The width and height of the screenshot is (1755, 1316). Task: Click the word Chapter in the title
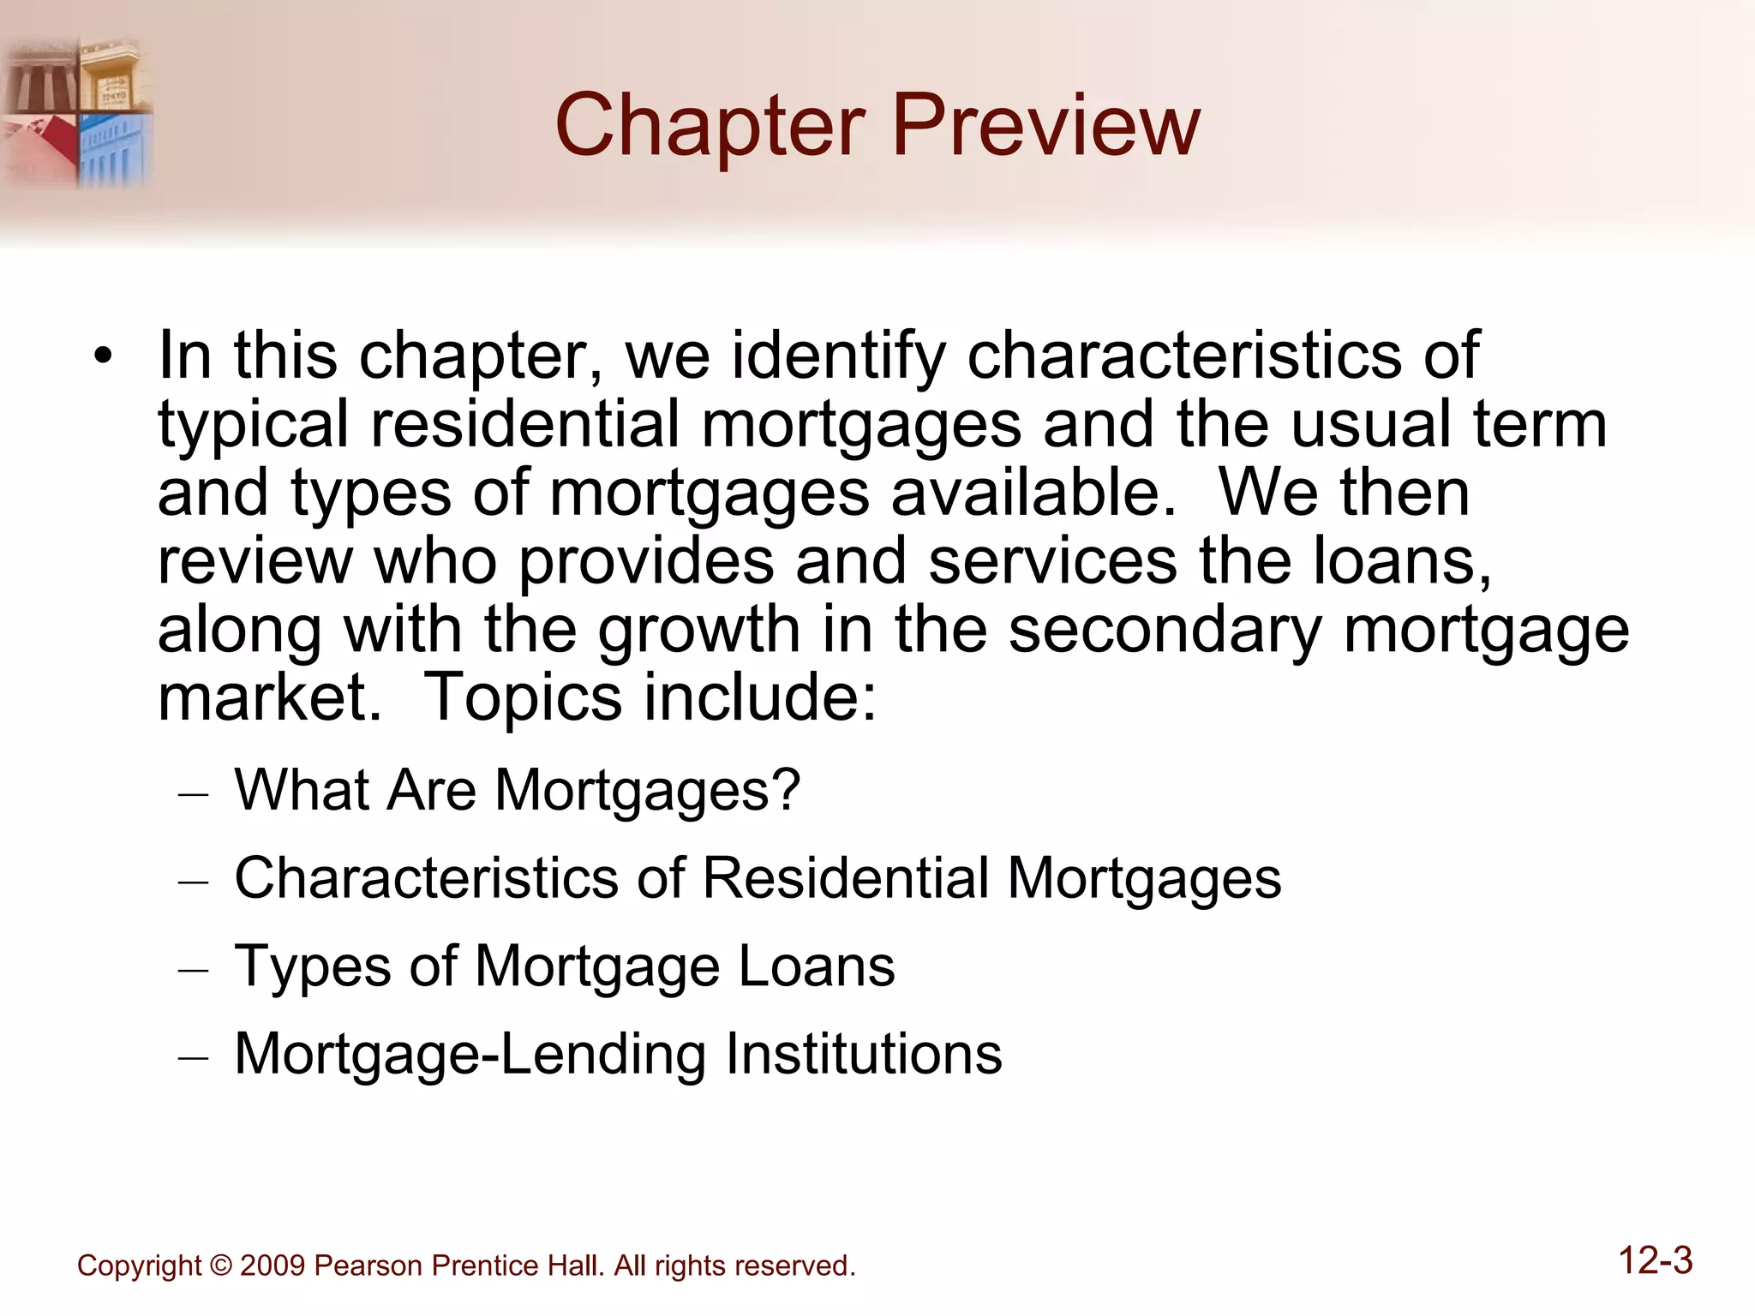710,127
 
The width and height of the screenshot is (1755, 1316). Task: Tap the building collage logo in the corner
77,111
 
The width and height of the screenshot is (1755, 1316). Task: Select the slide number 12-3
1656,1261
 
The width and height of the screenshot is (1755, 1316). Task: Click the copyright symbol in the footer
220,1265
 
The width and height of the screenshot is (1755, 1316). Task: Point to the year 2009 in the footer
273,1265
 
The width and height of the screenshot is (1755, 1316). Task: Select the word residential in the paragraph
524,424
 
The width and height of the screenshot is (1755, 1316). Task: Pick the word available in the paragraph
1033,493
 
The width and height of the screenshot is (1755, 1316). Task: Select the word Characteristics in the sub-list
426,878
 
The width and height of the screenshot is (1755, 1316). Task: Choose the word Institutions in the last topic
864,1054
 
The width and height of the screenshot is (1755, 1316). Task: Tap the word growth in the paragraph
698,630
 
